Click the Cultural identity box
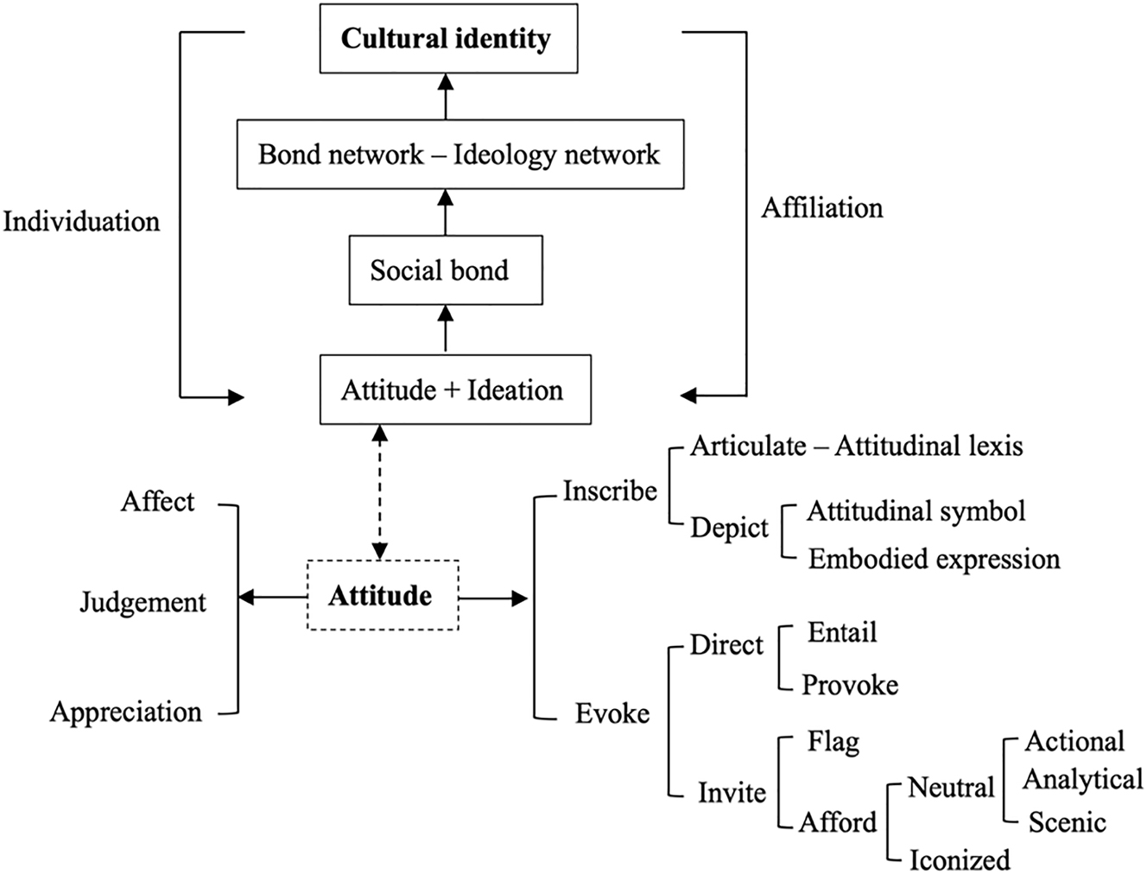point(447,40)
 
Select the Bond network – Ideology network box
point(459,155)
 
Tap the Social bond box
point(444,271)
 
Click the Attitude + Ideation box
point(454,390)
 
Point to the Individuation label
point(81,222)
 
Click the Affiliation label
point(822,208)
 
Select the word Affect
point(158,502)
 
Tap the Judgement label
point(143,602)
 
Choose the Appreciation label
point(126,712)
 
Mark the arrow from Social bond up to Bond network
point(446,212)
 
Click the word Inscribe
point(610,491)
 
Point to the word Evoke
point(612,713)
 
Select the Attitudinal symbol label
point(916,511)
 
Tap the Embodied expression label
point(934,559)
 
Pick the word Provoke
point(850,685)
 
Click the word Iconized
point(960,860)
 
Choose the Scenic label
point(1067,822)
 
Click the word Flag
point(833,741)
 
